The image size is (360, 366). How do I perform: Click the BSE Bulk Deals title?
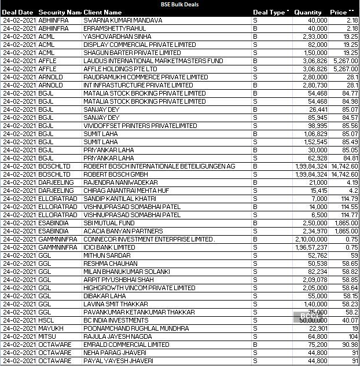[x=179, y=4]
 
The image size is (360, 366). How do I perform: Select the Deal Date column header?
[x=18, y=12]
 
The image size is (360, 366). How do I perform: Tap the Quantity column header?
[x=308, y=12]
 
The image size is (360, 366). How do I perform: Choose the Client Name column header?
[x=102, y=12]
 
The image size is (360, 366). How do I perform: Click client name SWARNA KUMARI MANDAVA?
[x=123, y=20]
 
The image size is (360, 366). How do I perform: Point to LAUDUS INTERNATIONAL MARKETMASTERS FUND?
[x=153, y=61]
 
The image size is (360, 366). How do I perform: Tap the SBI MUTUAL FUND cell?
[x=109, y=223]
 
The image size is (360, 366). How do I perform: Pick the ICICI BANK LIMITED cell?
[x=109, y=247]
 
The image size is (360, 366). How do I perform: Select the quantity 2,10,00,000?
[x=311, y=239]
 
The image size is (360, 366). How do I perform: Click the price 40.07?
[x=350, y=320]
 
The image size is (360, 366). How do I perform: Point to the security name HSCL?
[x=46, y=320]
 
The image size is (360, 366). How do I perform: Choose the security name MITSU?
[x=46, y=336]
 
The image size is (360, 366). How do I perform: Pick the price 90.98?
[x=350, y=345]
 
